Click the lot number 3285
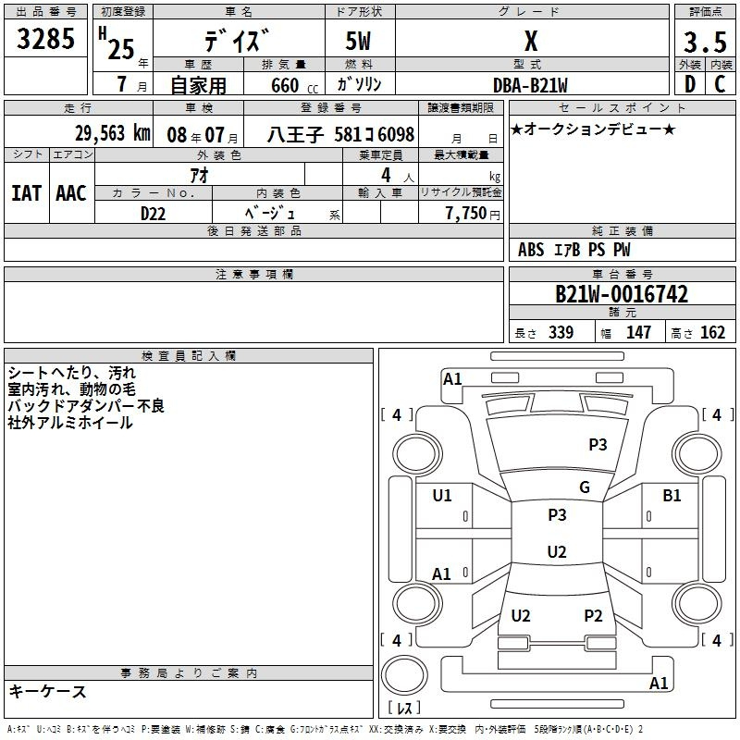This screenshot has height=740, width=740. [x=45, y=39]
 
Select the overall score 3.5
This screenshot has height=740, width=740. [x=705, y=43]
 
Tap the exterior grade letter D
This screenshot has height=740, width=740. [x=690, y=84]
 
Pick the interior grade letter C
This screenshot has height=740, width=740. [x=720, y=84]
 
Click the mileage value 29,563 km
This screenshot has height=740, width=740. [x=113, y=133]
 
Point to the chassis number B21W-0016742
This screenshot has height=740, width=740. [x=622, y=294]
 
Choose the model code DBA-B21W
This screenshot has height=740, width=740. [x=530, y=85]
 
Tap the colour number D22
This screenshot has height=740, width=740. [x=153, y=214]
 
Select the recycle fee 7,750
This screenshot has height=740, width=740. [x=466, y=214]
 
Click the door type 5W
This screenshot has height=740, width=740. [x=358, y=41]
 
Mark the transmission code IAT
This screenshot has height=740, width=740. [x=27, y=193]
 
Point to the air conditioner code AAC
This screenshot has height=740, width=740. [x=71, y=193]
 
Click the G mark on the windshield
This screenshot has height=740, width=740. [x=585, y=487]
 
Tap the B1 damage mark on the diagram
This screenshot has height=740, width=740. [x=672, y=495]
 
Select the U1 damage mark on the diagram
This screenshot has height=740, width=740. [x=442, y=495]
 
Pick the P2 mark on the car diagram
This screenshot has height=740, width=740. [x=593, y=615]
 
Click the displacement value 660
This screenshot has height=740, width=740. [x=285, y=85]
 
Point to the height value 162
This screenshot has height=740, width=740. [x=712, y=332]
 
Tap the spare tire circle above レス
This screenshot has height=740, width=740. [x=404, y=675]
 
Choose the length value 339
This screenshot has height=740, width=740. [x=561, y=332]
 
